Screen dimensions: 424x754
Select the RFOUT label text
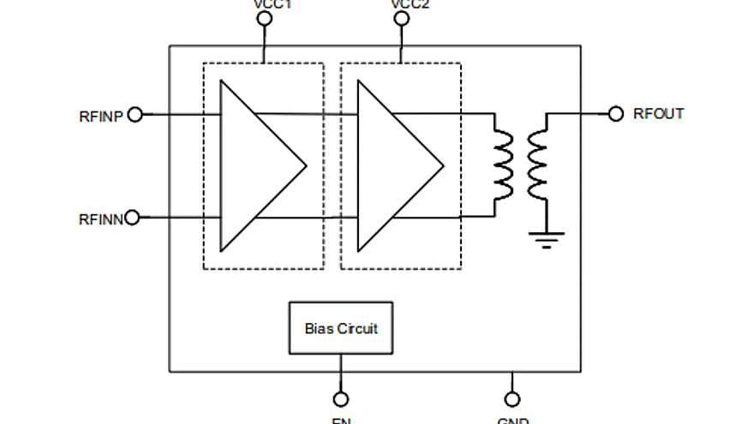coord(658,113)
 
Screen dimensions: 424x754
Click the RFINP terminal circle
coord(135,115)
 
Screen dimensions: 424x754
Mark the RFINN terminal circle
coord(132,218)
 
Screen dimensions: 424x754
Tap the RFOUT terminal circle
coord(615,114)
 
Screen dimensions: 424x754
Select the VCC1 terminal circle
coord(265,18)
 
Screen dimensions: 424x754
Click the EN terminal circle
coord(341,399)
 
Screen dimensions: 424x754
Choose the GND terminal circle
coord(512,399)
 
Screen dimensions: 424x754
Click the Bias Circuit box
coord(341,328)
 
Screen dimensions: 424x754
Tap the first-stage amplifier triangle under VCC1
coord(257,165)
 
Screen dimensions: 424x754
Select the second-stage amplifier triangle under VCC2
coord(394,165)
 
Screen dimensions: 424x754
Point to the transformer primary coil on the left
coord(502,164)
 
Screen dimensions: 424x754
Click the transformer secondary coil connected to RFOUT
coord(538,164)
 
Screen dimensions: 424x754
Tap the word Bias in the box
coord(319,328)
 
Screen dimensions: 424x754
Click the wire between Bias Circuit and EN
coord(341,373)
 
